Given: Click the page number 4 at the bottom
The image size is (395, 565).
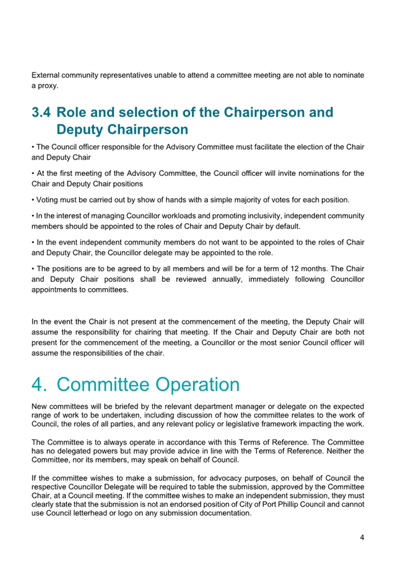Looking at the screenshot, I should click(362, 537).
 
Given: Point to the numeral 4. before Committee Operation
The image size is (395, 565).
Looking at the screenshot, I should click(42, 384).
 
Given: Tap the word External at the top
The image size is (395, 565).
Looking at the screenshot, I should click(47, 76).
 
